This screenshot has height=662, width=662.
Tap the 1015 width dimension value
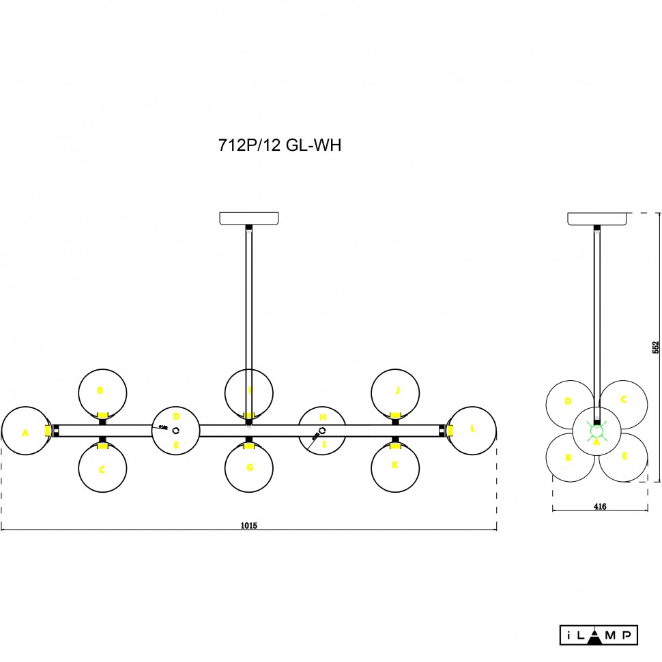(248, 526)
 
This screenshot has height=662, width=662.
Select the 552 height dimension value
(655, 347)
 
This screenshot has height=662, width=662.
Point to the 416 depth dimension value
(600, 506)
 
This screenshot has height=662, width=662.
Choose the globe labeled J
(395, 392)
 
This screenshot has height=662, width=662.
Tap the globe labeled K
(395, 468)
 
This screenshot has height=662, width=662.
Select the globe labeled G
(249, 469)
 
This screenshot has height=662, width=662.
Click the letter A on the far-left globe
(25, 433)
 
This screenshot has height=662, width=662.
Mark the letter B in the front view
(100, 391)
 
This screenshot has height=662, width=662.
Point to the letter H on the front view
(323, 417)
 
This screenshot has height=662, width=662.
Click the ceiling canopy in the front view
(249, 218)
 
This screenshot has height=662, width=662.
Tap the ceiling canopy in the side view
(598, 218)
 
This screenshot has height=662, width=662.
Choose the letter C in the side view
(623, 400)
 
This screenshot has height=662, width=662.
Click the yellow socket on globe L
(451, 431)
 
